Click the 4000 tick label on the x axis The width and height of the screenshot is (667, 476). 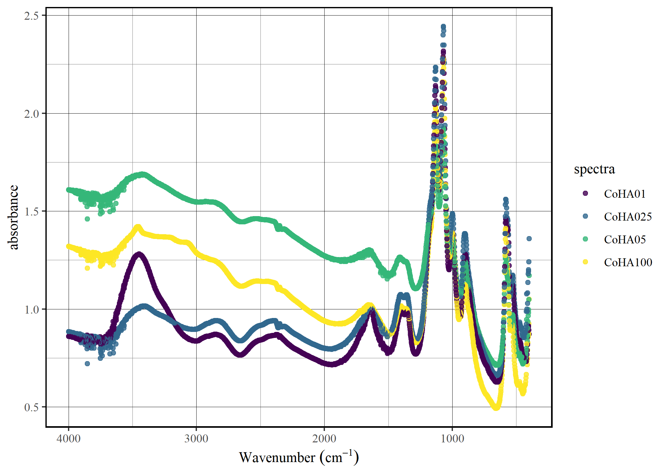tap(68, 439)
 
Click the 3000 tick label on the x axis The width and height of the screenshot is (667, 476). tap(196, 439)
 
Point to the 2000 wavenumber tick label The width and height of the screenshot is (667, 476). tap(324, 439)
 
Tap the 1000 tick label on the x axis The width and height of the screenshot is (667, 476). tap(452, 439)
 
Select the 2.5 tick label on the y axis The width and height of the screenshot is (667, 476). tap(31, 16)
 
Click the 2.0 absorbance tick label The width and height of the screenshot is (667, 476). tap(31, 114)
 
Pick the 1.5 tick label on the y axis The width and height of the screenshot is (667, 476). tap(31, 211)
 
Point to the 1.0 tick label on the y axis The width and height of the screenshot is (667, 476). tap(31, 309)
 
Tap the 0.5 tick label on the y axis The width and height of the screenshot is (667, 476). tap(31, 407)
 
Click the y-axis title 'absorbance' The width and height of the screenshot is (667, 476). tap(13, 217)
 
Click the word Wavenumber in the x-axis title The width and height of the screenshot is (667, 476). tap(277, 458)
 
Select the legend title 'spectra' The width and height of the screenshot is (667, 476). tap(594, 169)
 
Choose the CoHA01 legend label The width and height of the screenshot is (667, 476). tap(625, 194)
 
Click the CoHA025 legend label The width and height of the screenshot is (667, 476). tap(628, 217)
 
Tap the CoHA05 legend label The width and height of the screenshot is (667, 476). tap(625, 240)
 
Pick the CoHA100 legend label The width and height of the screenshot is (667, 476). tap(628, 262)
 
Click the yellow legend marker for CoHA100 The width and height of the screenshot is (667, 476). tap(585, 262)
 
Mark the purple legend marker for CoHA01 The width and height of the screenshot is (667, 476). tap(585, 193)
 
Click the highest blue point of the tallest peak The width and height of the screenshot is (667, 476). tap(443, 27)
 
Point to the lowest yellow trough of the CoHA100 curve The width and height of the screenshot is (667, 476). tap(496, 408)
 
